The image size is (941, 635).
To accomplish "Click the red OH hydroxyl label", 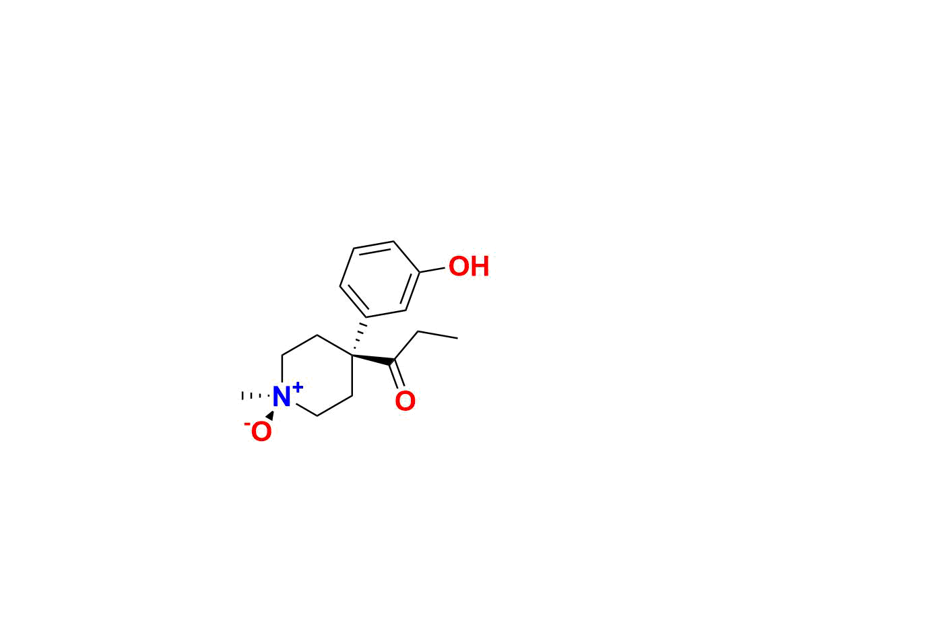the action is [469, 266].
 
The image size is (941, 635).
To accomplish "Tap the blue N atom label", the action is [282, 397].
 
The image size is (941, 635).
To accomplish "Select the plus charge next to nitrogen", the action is [298, 387].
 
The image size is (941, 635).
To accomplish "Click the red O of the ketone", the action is [405, 401].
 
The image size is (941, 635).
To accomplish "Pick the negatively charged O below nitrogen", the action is [261, 432].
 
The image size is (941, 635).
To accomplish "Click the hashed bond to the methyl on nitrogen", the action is [255, 396].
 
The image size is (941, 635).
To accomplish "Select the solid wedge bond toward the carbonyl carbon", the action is [373, 360].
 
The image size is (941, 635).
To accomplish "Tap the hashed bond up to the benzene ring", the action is [360, 336].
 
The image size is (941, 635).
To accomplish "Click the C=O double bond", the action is [397, 375].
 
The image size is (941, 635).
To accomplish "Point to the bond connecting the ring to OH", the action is [432, 270].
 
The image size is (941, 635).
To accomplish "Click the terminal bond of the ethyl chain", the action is [438, 335].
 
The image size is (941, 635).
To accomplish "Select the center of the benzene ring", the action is [380, 279].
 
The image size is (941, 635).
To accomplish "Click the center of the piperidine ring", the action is [317, 376].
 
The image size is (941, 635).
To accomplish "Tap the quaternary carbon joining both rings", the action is [352, 356].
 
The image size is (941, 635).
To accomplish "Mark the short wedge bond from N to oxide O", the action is [270, 415].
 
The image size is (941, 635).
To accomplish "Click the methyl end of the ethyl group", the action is [457, 338].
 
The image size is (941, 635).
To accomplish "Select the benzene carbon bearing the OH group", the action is [419, 272].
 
